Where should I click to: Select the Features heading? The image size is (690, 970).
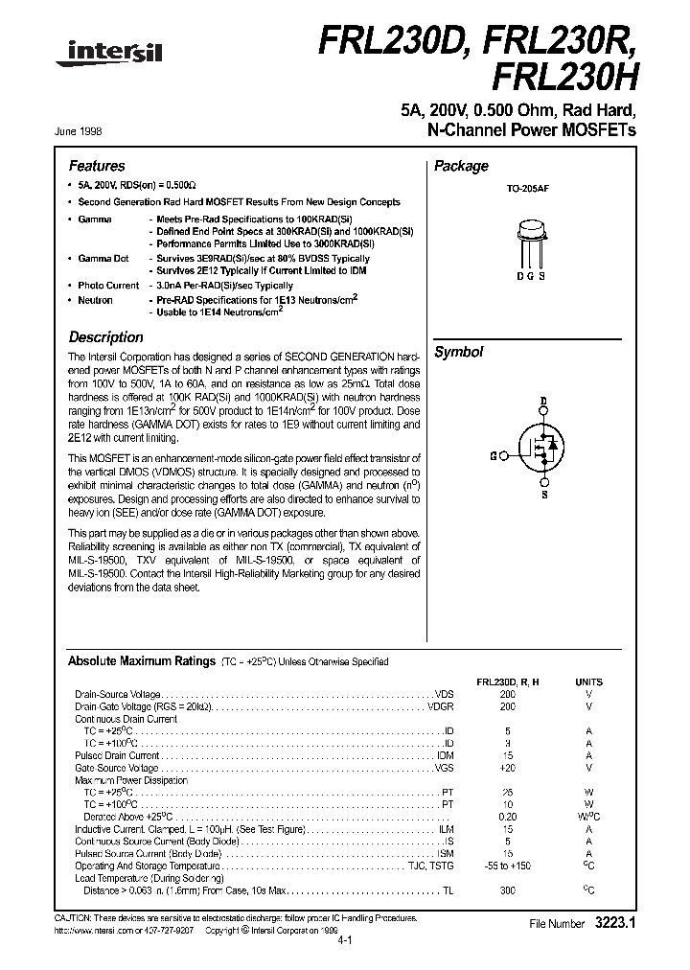point(97,166)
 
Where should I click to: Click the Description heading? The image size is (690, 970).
point(105,337)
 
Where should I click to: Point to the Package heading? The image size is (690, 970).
point(461,166)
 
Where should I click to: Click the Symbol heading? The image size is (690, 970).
point(458,353)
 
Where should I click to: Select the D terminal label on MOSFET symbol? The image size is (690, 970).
point(542,401)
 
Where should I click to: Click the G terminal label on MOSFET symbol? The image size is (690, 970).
point(492,456)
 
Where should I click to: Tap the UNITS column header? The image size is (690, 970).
point(588,681)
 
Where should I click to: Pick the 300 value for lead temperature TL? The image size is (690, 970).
point(507,891)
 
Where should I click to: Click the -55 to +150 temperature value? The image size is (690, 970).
point(507,866)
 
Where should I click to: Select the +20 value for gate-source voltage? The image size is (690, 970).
point(507,768)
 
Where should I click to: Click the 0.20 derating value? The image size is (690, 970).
point(507,818)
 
